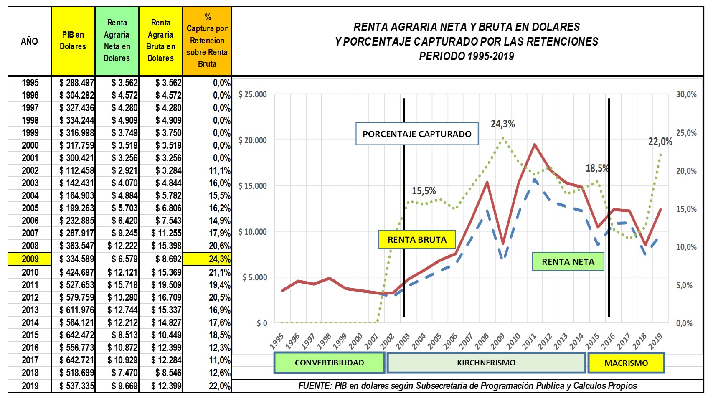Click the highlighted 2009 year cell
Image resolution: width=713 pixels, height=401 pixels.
30,259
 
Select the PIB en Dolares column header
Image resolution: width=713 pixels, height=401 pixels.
73,41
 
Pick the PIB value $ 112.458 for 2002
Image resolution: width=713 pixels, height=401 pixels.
77,170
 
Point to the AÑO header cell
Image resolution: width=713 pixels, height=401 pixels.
29,41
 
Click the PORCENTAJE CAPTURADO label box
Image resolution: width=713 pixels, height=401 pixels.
416,134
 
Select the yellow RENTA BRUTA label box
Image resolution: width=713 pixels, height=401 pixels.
417,240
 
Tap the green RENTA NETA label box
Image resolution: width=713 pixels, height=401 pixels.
568,261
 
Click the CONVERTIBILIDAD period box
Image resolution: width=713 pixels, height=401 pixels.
329,363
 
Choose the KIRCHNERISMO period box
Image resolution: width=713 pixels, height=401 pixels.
486,363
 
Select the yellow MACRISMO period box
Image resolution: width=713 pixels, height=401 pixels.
626,363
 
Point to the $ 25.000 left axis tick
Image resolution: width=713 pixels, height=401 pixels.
253,94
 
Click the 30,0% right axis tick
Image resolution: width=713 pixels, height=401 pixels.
686,94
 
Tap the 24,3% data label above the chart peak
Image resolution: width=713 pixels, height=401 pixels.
502,124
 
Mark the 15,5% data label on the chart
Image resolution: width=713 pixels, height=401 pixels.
424,191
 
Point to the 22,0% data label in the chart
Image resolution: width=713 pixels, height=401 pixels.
660,142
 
